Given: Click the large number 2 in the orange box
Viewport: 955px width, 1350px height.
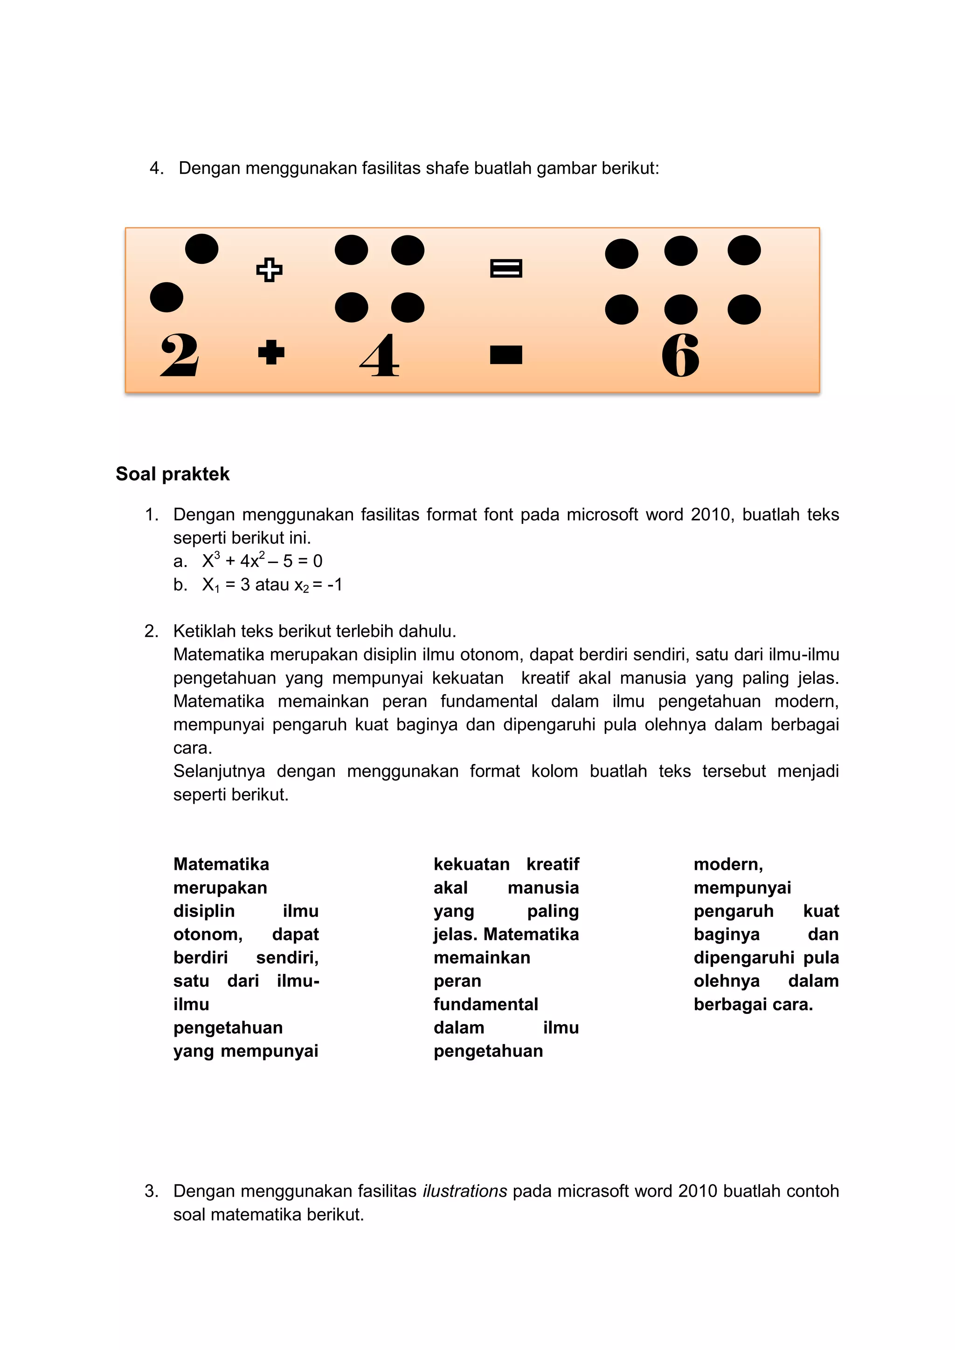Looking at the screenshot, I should click(180, 355).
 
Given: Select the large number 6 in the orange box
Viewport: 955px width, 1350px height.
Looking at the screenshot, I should click(680, 355).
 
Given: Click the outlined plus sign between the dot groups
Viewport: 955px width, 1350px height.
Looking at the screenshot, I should click(270, 270).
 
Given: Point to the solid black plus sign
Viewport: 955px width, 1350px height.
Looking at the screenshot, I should click(271, 353).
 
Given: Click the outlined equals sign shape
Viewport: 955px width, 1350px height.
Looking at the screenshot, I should click(506, 269).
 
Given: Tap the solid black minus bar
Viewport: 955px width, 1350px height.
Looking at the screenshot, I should click(506, 355).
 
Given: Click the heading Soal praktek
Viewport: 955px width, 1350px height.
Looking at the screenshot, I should click(172, 474).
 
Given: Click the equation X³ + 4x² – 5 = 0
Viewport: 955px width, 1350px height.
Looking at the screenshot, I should click(262, 560).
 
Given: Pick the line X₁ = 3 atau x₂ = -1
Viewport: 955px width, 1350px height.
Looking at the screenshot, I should click(272, 585).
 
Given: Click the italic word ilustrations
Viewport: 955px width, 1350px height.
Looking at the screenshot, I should click(464, 1191).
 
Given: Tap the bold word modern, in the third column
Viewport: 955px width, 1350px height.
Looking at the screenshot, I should click(728, 864).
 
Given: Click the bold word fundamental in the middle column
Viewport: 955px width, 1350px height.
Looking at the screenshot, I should click(486, 1004).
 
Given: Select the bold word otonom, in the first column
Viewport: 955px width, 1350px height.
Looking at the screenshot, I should click(208, 934).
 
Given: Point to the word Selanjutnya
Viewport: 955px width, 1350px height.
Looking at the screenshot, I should click(219, 771).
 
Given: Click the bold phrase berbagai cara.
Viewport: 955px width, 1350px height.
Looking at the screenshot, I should click(753, 1004).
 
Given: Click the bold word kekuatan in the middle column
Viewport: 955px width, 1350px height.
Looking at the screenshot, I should click(471, 864).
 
